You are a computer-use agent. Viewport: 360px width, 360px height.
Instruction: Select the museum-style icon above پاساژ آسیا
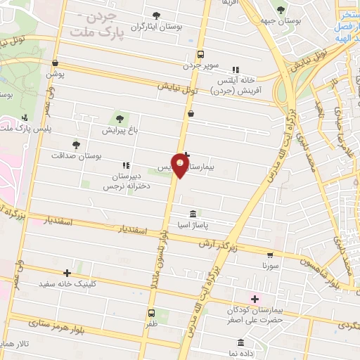coord(193,214)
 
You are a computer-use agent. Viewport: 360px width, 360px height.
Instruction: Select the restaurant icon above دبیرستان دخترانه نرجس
coord(126,165)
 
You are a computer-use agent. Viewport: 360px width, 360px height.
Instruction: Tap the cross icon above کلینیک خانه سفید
coord(67,273)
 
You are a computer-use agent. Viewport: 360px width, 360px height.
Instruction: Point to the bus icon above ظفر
coord(151,313)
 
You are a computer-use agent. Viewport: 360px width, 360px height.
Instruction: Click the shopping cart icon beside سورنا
coord(270,255)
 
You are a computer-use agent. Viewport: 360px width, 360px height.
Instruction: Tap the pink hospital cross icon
coord(254,299)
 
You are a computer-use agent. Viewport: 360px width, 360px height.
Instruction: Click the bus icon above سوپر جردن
coord(201,53)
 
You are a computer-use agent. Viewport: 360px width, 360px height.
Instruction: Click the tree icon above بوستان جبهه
coord(281,11)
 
